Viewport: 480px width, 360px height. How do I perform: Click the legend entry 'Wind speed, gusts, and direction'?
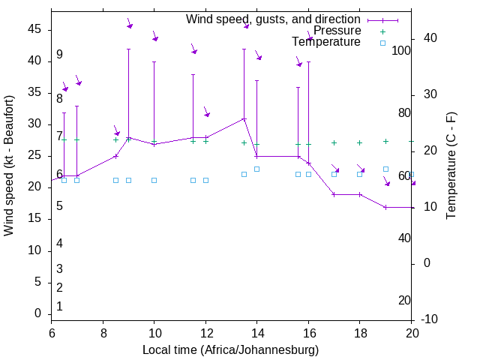pos(273,19)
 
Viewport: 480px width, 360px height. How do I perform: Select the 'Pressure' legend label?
pos(337,31)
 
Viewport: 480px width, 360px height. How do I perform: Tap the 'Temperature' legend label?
pos(326,42)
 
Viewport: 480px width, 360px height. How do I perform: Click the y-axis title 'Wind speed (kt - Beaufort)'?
pos(9,165)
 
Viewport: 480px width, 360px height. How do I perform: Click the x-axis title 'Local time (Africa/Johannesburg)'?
pos(231,350)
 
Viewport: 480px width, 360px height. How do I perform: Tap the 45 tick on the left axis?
pos(35,29)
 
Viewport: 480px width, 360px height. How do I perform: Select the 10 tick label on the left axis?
pos(35,250)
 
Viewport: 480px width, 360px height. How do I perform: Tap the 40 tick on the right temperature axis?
pos(430,38)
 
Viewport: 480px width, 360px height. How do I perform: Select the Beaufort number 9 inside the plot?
pos(59,55)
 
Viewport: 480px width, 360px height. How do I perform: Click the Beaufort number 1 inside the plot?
pos(59,306)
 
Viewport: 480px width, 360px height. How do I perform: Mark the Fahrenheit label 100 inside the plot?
pos(401,51)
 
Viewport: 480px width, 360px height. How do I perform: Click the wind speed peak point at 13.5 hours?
pos(244,118)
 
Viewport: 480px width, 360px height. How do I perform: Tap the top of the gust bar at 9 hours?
pos(128,49)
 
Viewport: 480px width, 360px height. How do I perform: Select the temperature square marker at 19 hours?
pos(385,169)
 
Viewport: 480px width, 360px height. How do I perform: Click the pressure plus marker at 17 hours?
pos(334,142)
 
